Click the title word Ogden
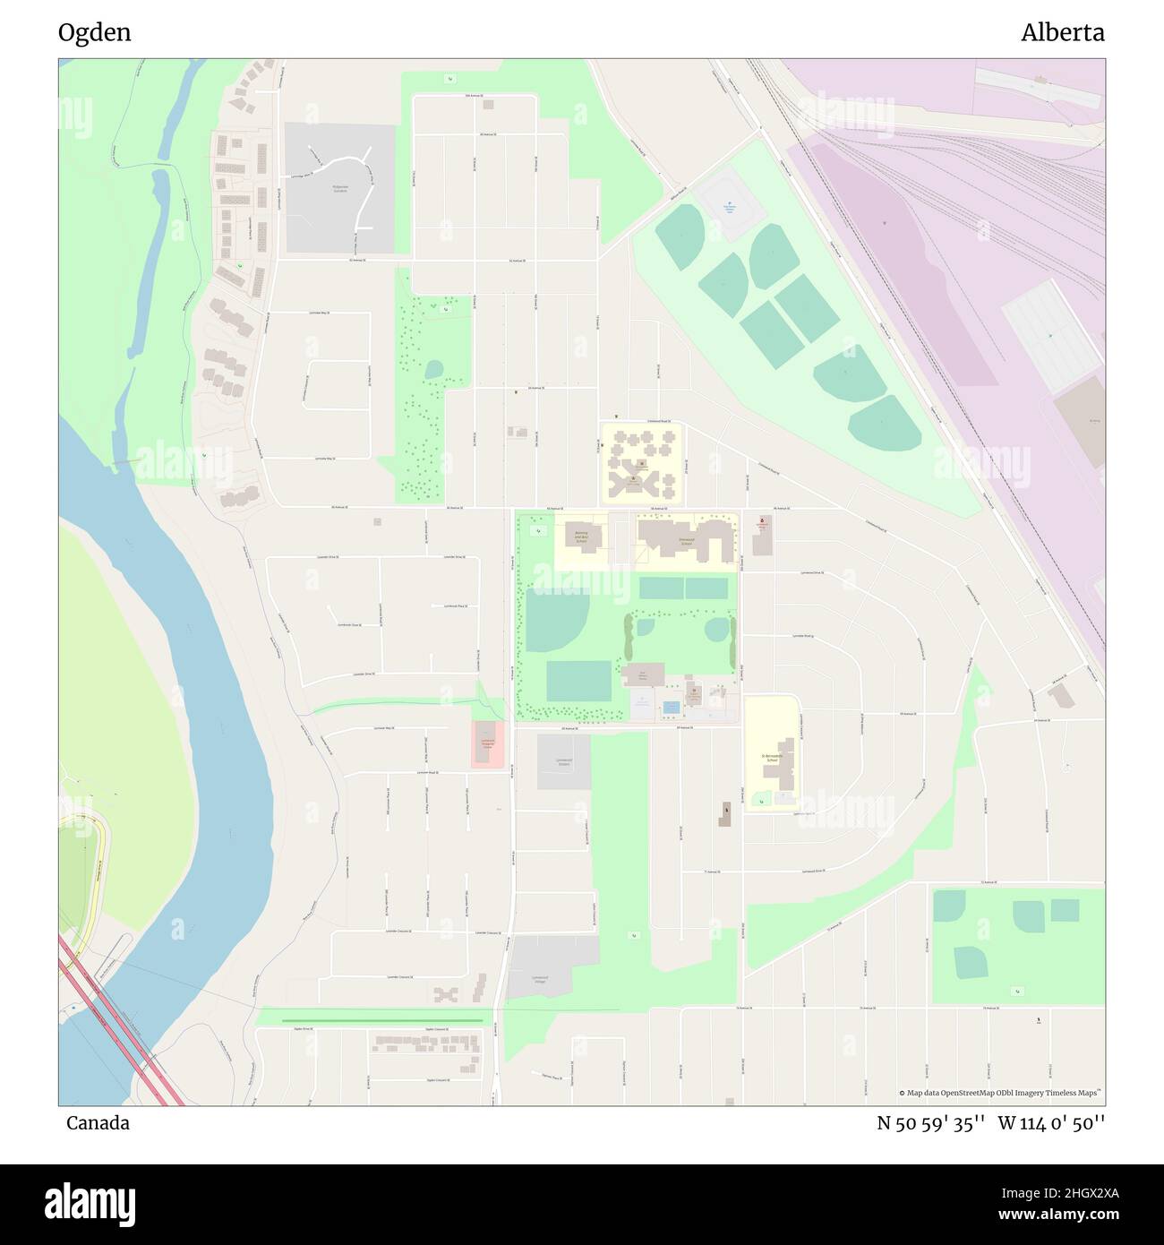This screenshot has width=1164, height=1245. [94, 32]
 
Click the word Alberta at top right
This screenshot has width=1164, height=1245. [1062, 32]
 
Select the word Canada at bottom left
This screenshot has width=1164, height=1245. [98, 1123]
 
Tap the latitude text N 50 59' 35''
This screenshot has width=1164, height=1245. [931, 1123]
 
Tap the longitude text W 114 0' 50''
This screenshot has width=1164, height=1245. [1051, 1123]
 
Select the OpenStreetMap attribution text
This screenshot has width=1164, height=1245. [1000, 1093]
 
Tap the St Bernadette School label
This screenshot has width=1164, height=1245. [773, 758]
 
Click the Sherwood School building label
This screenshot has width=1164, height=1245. [687, 541]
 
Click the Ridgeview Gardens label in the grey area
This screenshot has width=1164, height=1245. [339, 189]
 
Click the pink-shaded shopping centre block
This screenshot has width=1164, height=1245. [488, 743]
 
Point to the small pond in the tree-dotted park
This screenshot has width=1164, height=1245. [433, 369]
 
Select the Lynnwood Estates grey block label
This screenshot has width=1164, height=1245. [563, 762]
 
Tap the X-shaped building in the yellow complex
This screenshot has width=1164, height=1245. [624, 485]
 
